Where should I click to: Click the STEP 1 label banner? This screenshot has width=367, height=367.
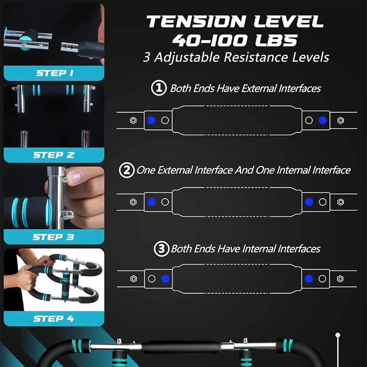pos(54,73)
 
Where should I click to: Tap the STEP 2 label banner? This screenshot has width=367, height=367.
pos(54,155)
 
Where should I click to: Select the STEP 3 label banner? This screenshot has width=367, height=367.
pos(54,237)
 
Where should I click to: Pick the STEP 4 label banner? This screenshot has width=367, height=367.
pos(54,319)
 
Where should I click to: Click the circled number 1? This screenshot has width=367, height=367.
pos(159,88)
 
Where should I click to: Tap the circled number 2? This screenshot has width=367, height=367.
pos(127,170)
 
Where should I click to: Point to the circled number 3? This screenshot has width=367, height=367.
pos(161,248)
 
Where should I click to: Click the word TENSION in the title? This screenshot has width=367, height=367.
pos(196,22)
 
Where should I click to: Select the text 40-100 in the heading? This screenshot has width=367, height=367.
pos(210,40)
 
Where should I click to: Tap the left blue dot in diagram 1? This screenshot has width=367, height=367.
pos(152,120)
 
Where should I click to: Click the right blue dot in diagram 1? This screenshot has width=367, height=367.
pos(323,120)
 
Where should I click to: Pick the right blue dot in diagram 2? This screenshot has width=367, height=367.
pos(309,202)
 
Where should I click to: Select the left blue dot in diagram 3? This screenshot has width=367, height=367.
pos(165,279)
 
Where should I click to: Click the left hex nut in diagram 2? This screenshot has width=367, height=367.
pos(133,202)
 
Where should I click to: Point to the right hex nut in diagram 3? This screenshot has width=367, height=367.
pos(340,279)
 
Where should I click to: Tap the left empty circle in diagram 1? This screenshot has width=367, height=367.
pos(165,120)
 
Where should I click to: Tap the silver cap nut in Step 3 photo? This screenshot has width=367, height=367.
pos(68,215)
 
